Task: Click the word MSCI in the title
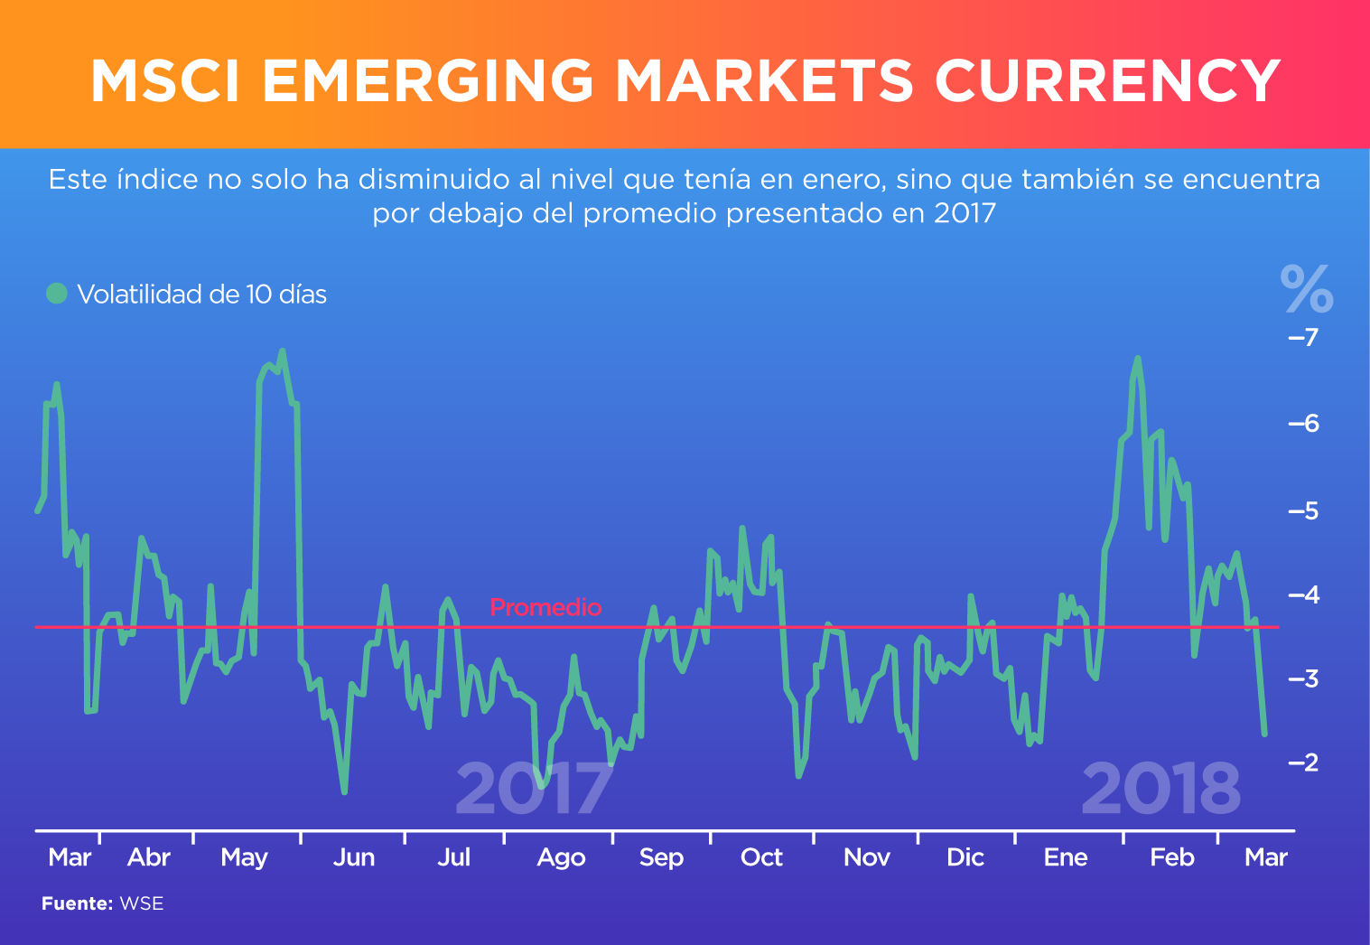click(x=164, y=81)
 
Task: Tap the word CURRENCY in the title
click(x=1107, y=81)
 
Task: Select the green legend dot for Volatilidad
click(x=57, y=294)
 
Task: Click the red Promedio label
click(x=545, y=607)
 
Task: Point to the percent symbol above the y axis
click(x=1306, y=288)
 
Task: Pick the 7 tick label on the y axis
click(x=1309, y=338)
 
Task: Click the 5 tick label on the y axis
click(x=1309, y=511)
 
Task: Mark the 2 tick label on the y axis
click(x=1309, y=763)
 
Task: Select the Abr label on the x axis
click(x=149, y=857)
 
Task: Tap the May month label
click(x=244, y=857)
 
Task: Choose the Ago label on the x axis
click(x=561, y=857)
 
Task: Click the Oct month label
click(x=761, y=857)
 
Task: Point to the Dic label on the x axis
click(x=965, y=857)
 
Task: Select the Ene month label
click(x=1066, y=857)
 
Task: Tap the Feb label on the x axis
click(x=1171, y=857)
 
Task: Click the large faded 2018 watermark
click(x=1160, y=789)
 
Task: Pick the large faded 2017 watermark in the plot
click(x=534, y=789)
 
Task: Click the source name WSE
click(x=142, y=903)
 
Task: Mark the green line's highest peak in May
click(x=283, y=351)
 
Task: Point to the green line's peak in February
click(x=1137, y=359)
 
